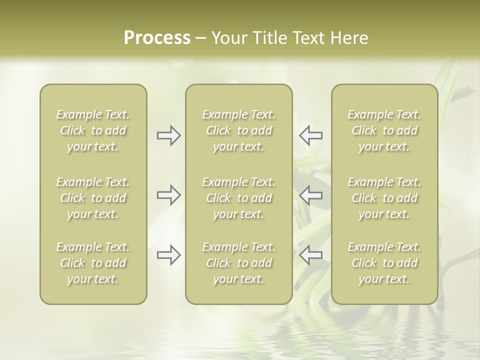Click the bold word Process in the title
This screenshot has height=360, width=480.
[157, 38]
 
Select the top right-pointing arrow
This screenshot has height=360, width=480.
[169, 135]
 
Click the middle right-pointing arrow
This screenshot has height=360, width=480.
[169, 195]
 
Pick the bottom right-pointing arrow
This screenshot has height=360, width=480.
[169, 255]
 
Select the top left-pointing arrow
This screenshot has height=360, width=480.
[310, 135]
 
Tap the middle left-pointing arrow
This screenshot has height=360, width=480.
[310, 195]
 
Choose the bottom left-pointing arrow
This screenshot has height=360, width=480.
[310, 255]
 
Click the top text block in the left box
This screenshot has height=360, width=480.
[93, 130]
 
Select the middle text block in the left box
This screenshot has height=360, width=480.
[93, 198]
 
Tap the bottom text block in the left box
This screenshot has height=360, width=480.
[93, 263]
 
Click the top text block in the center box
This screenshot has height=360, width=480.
[239, 130]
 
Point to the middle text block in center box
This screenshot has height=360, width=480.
[239, 198]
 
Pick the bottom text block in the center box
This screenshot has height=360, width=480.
[239, 263]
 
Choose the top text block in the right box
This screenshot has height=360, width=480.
[384, 130]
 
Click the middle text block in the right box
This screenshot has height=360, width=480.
[384, 198]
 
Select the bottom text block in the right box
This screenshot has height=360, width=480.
[384, 263]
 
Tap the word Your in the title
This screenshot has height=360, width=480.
[228, 38]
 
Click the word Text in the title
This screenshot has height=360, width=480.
[308, 38]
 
